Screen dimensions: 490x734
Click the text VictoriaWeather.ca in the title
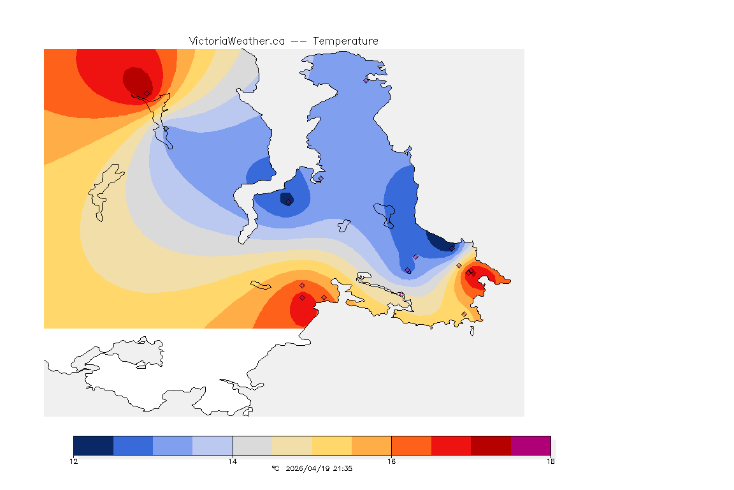pos(236,41)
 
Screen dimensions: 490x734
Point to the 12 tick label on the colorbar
pos(74,461)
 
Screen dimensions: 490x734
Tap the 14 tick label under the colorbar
pos(233,461)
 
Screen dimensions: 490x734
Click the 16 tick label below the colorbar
pos(391,461)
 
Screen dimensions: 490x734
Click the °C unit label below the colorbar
pos(275,468)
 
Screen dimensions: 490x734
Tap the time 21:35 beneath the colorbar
pos(343,468)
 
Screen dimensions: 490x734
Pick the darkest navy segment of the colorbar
pos(93,445)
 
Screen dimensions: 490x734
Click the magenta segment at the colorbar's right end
pos(531,445)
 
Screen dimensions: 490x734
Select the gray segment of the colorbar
pos(252,445)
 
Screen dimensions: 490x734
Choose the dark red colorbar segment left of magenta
pos(491,445)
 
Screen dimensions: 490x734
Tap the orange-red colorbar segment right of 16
pos(411,445)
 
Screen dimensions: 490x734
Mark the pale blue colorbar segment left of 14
pos(212,445)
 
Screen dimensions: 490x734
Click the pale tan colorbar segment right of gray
pos(292,445)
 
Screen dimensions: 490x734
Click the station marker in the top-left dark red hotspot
pos(147,93)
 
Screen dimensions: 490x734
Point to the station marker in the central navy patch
pos(289,202)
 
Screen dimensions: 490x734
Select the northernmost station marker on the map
pos(366,80)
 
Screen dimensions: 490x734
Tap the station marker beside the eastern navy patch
pos(452,248)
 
